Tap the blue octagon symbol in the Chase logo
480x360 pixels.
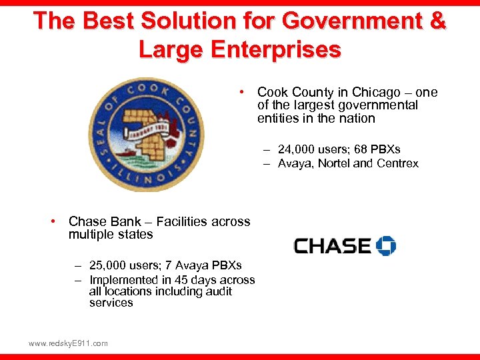coord(386,245)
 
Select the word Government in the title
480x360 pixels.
coord(346,21)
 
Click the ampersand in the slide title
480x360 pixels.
coord(437,21)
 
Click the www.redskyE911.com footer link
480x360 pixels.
coord(68,343)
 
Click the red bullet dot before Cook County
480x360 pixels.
coord(245,91)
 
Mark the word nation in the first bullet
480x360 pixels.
coord(356,119)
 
